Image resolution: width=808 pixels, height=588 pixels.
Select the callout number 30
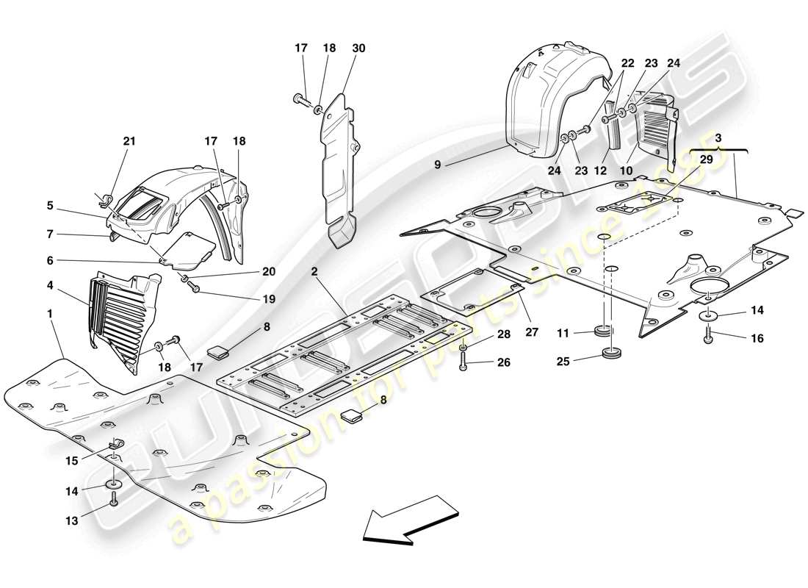click(x=358, y=49)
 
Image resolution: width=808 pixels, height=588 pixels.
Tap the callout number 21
click(x=130, y=141)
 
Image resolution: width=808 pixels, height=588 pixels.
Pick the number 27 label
click(x=532, y=332)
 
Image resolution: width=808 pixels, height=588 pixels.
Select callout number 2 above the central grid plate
click(x=314, y=272)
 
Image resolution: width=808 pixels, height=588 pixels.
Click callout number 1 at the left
click(x=50, y=313)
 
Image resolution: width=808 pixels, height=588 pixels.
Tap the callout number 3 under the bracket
click(x=718, y=137)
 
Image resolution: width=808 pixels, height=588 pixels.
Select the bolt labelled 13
click(x=114, y=501)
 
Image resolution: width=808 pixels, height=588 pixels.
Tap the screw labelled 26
click(x=464, y=362)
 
